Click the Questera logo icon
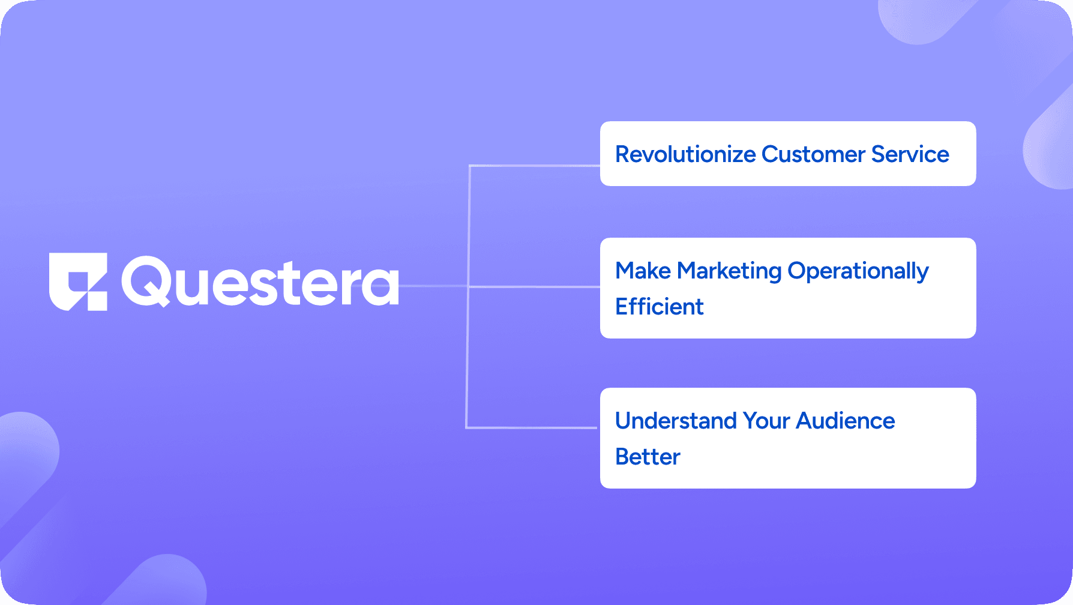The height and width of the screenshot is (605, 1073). point(78,281)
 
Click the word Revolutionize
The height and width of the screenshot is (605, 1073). point(685,154)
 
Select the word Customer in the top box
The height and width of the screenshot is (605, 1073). point(813,154)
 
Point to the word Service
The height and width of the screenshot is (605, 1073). point(910,154)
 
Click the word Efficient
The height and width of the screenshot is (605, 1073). point(660,306)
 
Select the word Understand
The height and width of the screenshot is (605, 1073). point(676,421)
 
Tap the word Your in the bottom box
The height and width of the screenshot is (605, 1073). point(766,421)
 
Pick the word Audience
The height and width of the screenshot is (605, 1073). point(846,421)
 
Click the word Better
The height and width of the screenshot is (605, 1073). point(648,457)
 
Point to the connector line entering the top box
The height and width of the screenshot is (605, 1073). point(535,166)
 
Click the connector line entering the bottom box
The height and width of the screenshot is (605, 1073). point(532,428)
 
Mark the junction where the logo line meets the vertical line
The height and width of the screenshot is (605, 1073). point(468,286)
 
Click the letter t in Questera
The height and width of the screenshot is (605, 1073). point(295,283)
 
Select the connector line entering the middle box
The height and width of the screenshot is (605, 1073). point(534,287)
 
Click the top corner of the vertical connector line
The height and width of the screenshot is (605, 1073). point(470,166)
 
